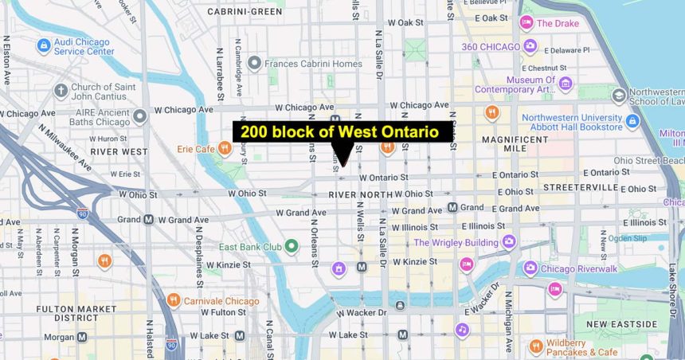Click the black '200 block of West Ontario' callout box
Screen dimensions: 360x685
click(x=343, y=132)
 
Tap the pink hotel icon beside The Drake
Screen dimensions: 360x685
click(x=526, y=23)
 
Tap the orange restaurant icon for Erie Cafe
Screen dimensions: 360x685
click(x=225, y=147)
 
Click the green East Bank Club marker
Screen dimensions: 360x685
click(x=292, y=246)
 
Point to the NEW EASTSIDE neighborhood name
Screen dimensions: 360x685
click(x=622, y=324)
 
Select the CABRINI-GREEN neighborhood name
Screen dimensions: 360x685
click(x=245, y=12)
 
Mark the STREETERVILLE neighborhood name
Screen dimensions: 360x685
click(x=581, y=187)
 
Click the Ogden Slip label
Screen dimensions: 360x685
click(x=628, y=237)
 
